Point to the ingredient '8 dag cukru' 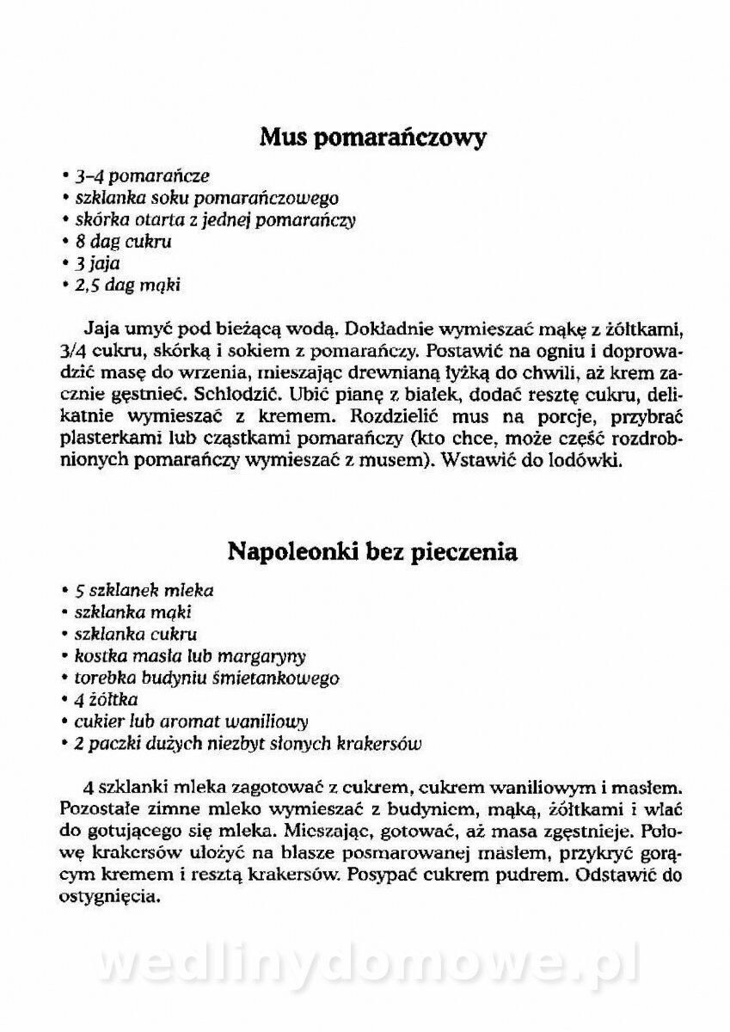(123, 242)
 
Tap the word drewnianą (445, 372)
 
